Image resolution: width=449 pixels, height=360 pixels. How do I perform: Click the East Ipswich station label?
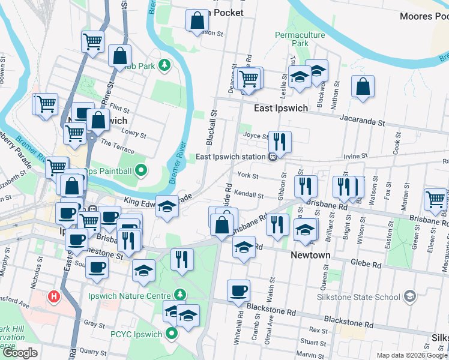pyautogui.click(x=231, y=157)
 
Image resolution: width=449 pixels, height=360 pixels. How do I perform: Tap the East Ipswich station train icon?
pyautogui.click(x=273, y=157)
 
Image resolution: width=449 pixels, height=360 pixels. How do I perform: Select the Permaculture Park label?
pyautogui.click(x=300, y=40)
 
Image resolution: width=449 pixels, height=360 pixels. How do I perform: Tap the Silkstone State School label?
pyautogui.click(x=359, y=296)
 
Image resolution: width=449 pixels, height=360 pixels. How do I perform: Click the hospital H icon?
pyautogui.click(x=54, y=296)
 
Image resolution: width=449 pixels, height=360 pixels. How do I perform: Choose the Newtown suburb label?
pyautogui.click(x=310, y=255)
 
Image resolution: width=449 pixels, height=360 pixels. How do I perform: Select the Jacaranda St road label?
pyautogui.click(x=362, y=122)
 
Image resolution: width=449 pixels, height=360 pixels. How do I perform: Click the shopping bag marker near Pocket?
pyautogui.click(x=196, y=22)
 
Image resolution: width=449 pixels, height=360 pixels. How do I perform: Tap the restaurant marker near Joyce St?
pyautogui.click(x=280, y=142)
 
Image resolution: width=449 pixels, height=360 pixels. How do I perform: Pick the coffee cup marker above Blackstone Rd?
pyautogui.click(x=238, y=291)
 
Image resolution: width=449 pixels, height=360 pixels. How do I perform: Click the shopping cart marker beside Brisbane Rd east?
pyautogui.click(x=435, y=199)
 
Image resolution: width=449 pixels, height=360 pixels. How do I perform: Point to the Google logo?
pyautogui.click(x=19, y=353)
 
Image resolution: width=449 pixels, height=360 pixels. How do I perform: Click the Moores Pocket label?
pyautogui.click(x=424, y=16)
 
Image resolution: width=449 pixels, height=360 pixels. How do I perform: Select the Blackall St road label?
pyautogui.click(x=211, y=128)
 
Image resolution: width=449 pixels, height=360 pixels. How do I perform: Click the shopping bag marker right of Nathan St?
pyautogui.click(x=363, y=87)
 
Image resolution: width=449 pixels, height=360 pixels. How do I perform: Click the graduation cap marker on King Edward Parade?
pyautogui.click(x=167, y=206)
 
